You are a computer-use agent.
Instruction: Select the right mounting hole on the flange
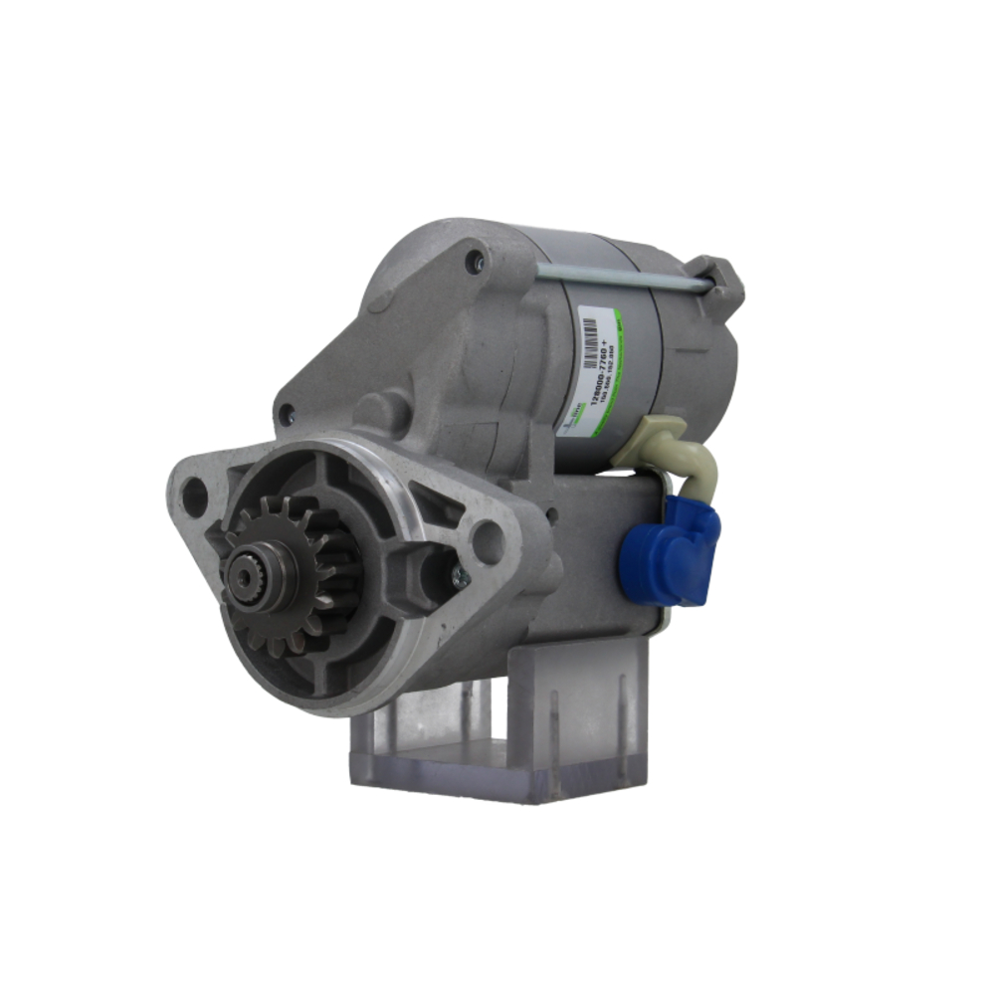488,541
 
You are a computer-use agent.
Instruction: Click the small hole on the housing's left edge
287,412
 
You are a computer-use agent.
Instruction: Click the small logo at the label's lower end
576,419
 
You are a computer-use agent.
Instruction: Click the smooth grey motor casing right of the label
687,358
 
